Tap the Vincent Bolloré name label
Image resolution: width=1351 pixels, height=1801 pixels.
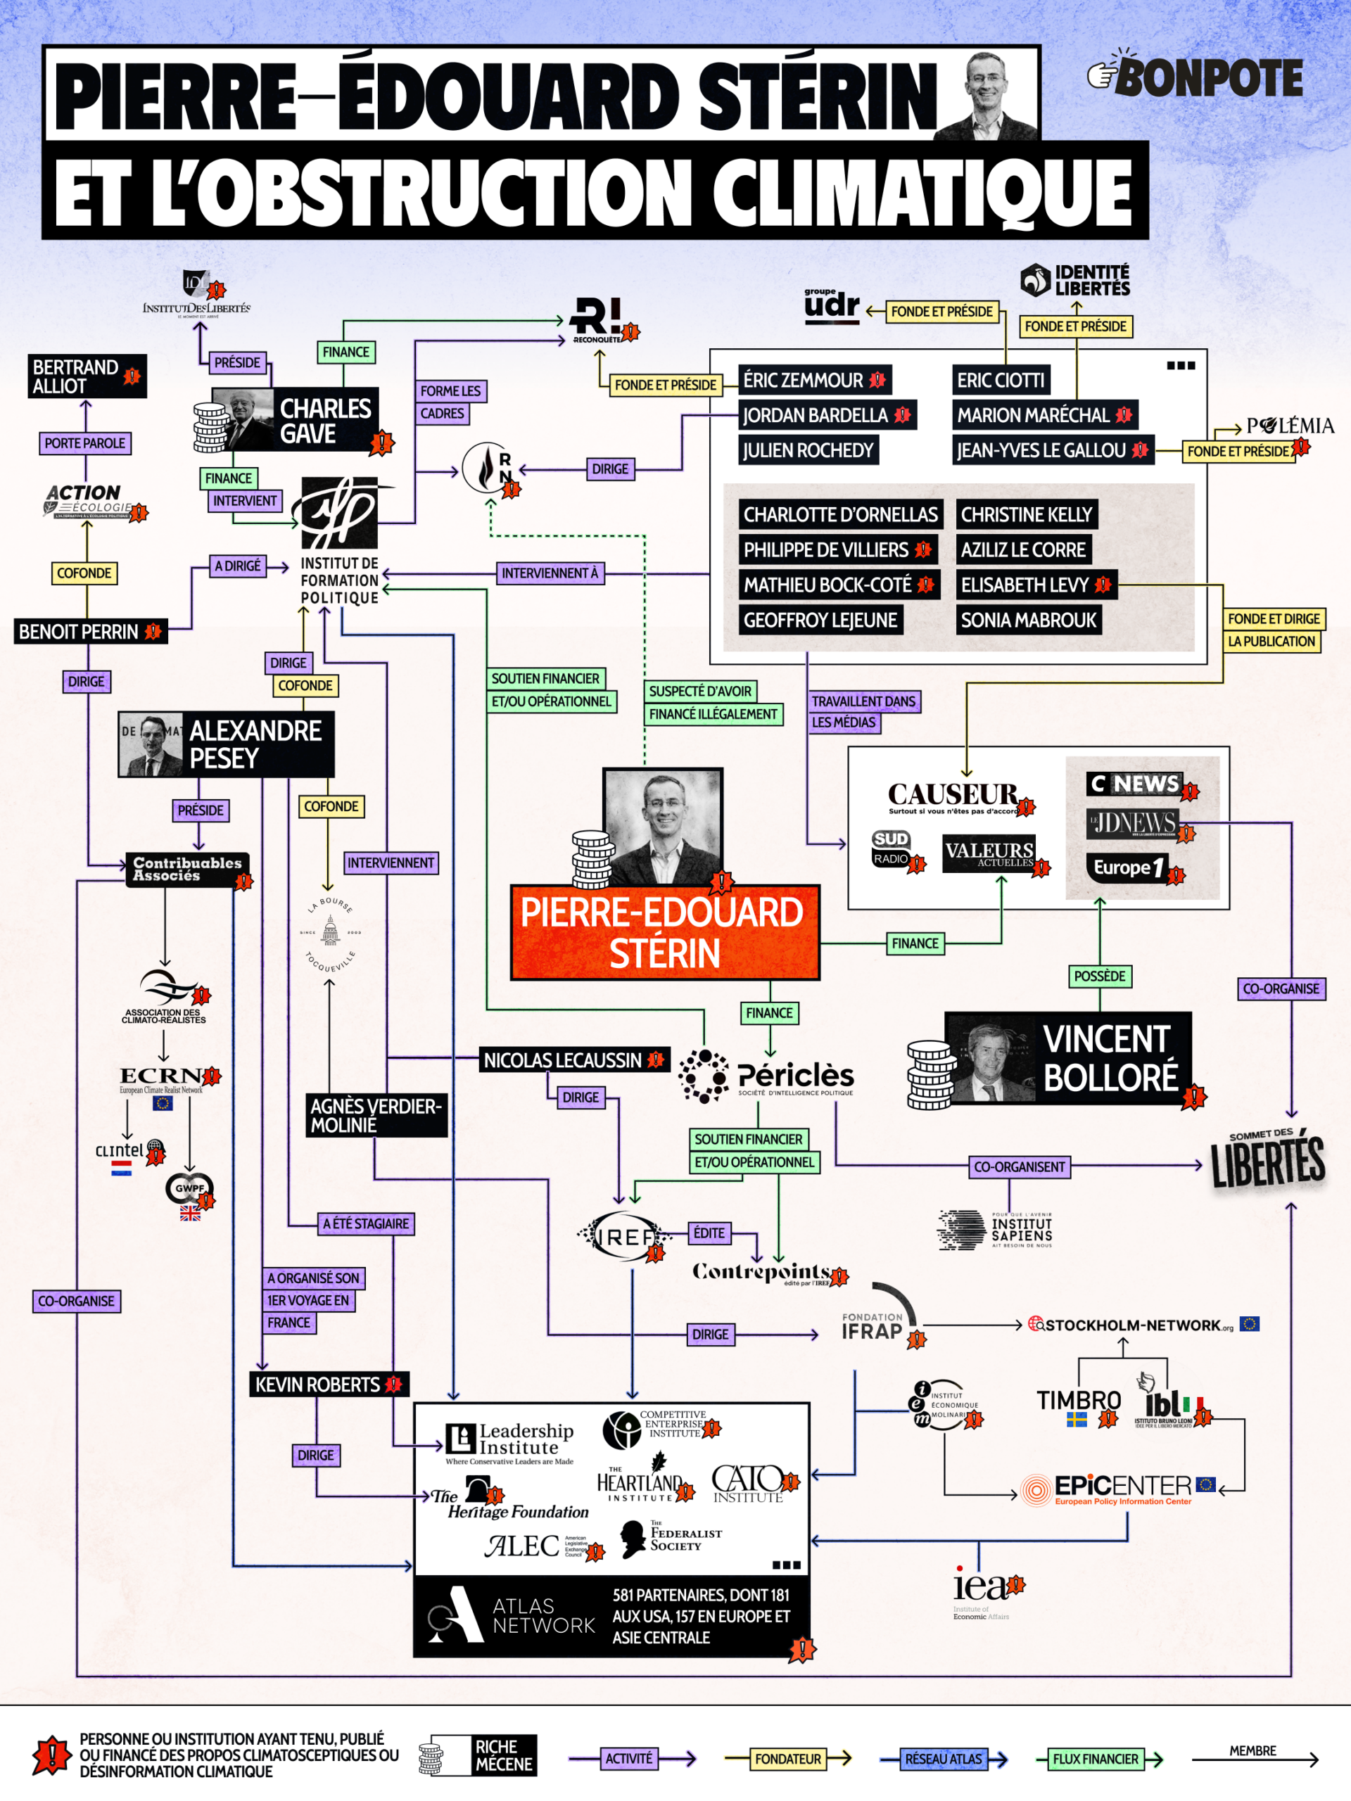tap(1109, 1057)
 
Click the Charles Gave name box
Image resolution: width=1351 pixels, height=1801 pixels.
tap(325, 420)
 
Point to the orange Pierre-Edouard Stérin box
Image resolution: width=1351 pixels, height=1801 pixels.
tap(664, 932)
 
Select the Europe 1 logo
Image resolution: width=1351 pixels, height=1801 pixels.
tap(1127, 867)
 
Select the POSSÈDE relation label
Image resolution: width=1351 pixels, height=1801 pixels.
tap(1099, 975)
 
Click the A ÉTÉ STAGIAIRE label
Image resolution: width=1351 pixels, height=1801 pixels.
tap(366, 1223)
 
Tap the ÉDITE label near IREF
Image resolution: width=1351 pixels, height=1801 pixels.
tap(709, 1233)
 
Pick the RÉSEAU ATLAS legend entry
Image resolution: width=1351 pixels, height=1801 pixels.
tap(943, 1759)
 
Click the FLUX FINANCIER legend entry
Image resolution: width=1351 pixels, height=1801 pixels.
tap(1096, 1759)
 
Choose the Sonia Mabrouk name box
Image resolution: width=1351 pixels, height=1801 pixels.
tap(1028, 621)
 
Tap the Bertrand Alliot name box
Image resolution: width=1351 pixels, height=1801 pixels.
tap(87, 376)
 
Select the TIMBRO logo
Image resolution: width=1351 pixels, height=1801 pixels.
tap(1078, 1401)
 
